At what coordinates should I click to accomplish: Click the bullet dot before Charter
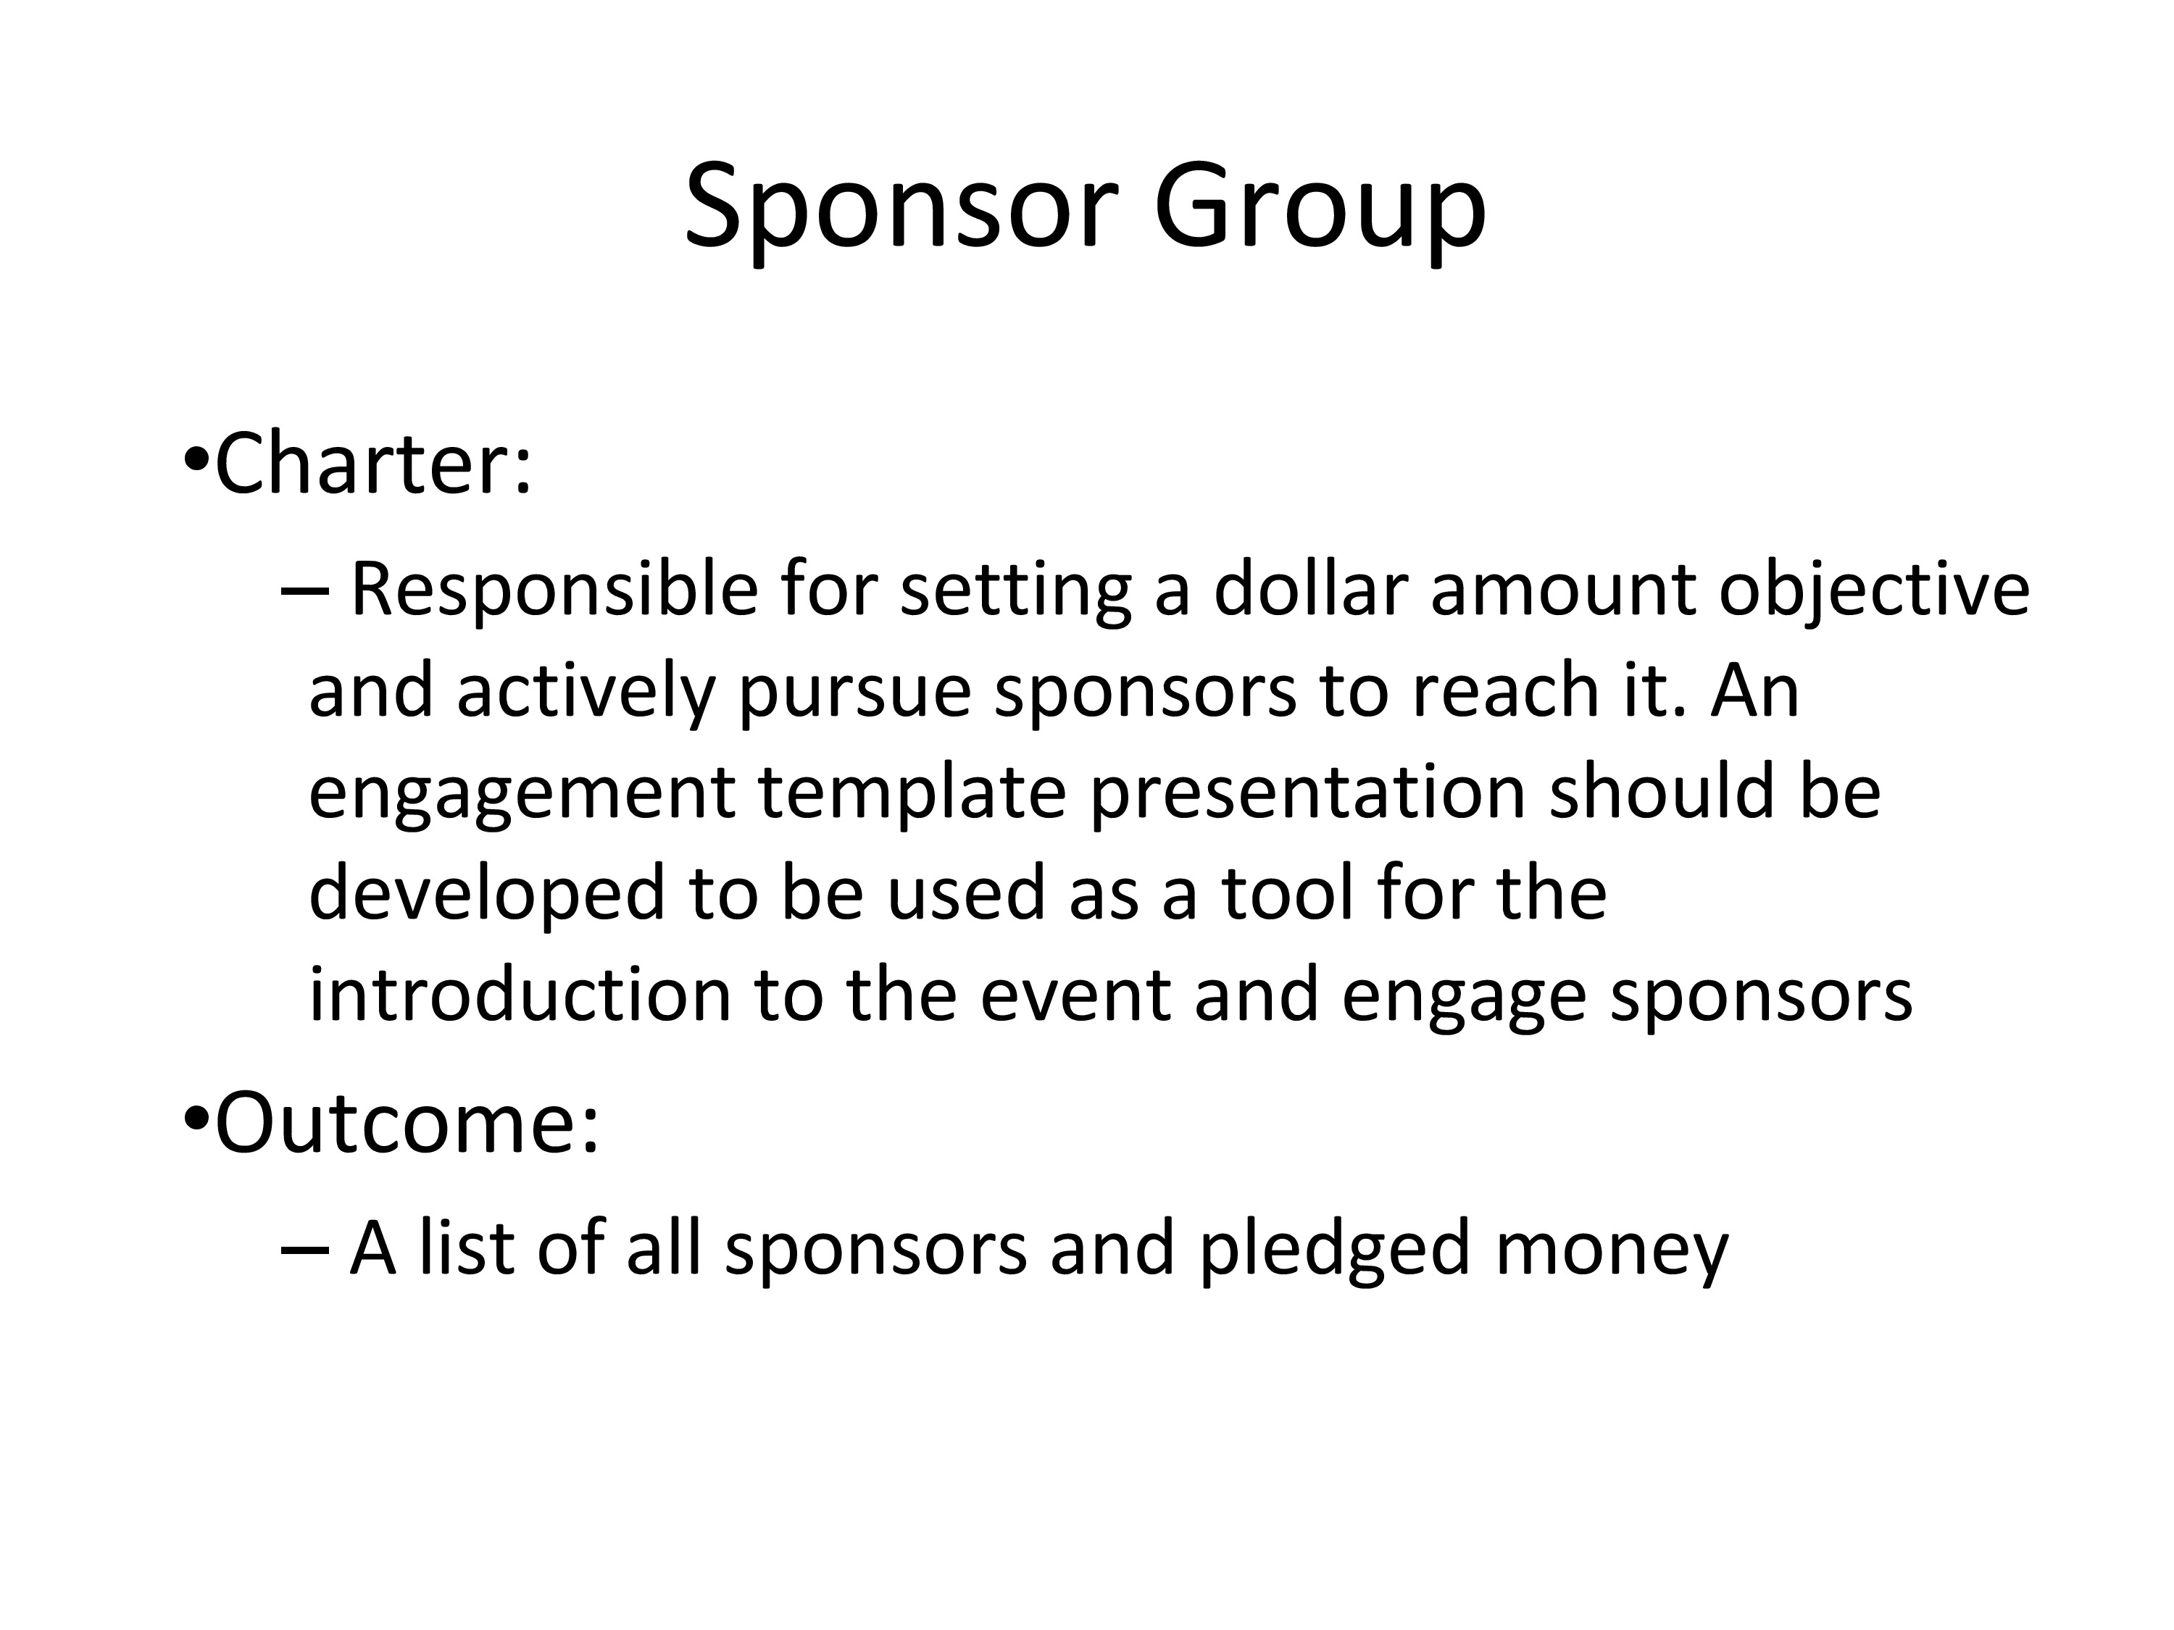196,459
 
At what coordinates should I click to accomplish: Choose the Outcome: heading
407,1122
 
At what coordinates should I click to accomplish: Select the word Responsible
554,591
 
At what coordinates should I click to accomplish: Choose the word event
1075,996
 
